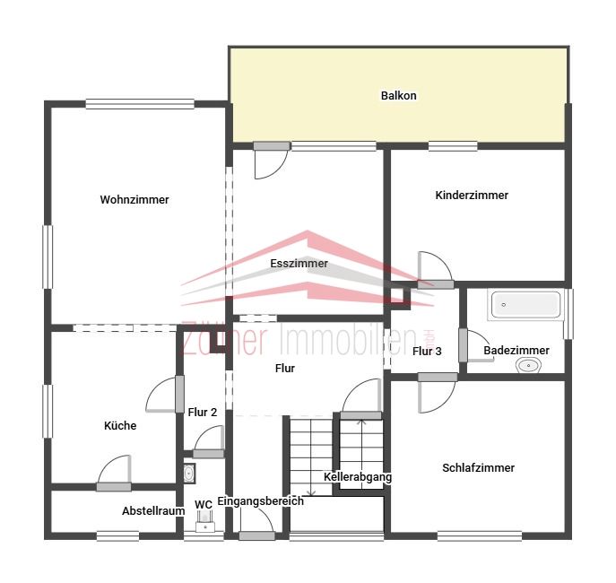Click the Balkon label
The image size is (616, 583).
[x=398, y=95]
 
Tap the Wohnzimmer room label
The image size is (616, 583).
[x=134, y=200]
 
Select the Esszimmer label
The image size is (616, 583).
[x=299, y=263]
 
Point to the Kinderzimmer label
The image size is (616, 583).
[x=472, y=196]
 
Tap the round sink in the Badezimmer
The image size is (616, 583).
[x=528, y=366]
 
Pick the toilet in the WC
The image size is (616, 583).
[x=204, y=523]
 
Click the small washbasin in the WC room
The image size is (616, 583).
[x=189, y=474]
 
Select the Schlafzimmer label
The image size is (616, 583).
[x=478, y=468]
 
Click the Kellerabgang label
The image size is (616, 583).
[x=358, y=477]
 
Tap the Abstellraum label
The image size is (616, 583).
[x=153, y=510]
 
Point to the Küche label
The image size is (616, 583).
[x=120, y=425]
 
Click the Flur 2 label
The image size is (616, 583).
[x=203, y=412]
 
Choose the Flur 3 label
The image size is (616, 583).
[x=427, y=352]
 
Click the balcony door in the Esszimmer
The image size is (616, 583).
[x=271, y=161]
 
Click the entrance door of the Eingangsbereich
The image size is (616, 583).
[x=256, y=523]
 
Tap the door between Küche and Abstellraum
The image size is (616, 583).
[x=114, y=473]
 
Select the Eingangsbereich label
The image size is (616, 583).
[x=260, y=501]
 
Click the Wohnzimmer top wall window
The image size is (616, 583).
[x=140, y=104]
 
